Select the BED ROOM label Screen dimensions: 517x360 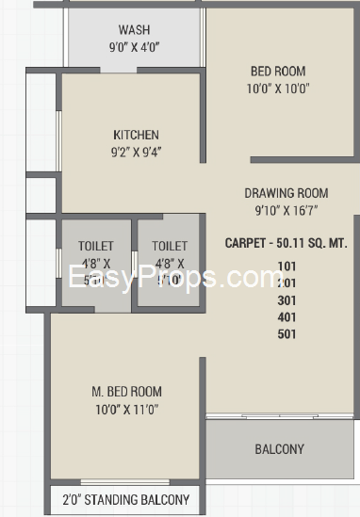(277, 71)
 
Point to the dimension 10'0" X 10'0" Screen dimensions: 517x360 (277, 89)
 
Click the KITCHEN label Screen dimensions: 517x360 (136, 135)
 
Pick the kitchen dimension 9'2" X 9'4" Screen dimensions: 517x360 (136, 153)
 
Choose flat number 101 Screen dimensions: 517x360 (286, 266)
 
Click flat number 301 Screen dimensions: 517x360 (286, 299)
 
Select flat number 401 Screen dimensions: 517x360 (286, 316)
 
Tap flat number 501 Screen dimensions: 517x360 (286, 333)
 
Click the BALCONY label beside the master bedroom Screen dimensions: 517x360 (279, 449)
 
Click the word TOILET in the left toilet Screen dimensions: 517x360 (95, 246)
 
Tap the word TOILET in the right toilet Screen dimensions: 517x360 (169, 246)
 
